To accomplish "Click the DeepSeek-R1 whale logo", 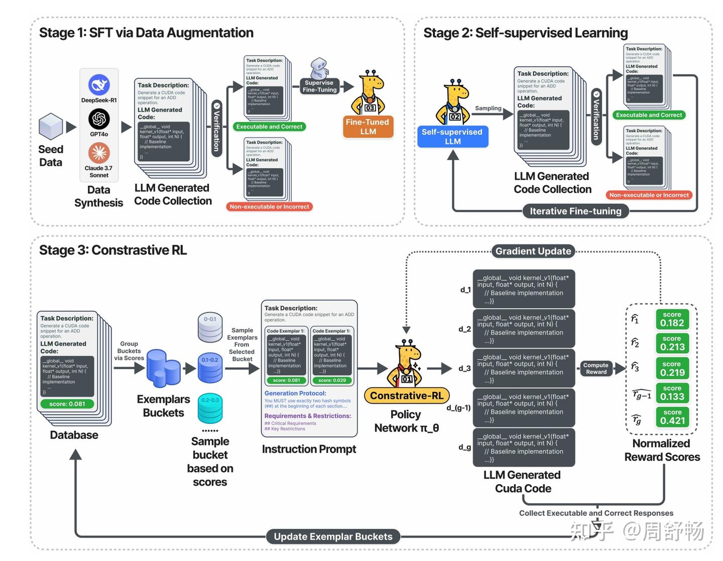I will click(99, 85).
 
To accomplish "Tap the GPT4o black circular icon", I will click(99, 119).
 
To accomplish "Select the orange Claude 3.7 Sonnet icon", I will click(99, 153).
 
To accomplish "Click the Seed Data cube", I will click(51, 126).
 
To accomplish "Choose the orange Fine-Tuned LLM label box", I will click(368, 127).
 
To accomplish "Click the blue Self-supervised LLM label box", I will click(452, 137).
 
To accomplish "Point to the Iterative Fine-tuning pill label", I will click(575, 211).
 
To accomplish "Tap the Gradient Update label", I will click(533, 251).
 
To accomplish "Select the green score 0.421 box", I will click(672, 417).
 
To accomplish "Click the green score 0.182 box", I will click(672, 319).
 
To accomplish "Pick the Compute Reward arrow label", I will click(596, 369).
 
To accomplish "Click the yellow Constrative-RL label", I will click(407, 396).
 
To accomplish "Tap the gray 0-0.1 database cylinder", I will click(210, 326).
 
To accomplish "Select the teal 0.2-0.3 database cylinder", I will click(210, 408).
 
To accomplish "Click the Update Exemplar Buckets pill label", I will click(333, 536).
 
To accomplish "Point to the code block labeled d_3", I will click(524, 368).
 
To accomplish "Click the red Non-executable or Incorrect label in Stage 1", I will click(269, 206).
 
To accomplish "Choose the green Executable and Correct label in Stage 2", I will click(649, 115).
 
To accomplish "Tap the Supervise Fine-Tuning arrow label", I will click(319, 86).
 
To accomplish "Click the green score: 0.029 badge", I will click(332, 380).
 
